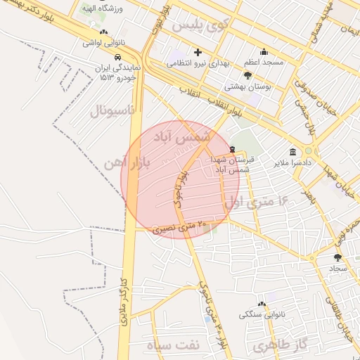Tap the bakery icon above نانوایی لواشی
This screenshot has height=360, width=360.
(x=104, y=32)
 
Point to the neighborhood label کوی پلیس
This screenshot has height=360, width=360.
(x=201, y=25)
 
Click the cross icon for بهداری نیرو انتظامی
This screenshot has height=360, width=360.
(x=198, y=52)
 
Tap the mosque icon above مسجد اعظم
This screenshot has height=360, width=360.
(x=264, y=51)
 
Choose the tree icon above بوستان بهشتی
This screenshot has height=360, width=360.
(x=247, y=75)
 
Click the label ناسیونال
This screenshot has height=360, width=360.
(x=117, y=110)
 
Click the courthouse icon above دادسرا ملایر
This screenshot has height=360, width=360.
(x=292, y=151)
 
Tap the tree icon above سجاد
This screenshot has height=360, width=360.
(x=337, y=257)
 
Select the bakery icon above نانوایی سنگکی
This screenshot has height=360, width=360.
(x=262, y=303)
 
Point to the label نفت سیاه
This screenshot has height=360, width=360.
(x=172, y=345)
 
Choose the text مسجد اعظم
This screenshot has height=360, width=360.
(x=264, y=63)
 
